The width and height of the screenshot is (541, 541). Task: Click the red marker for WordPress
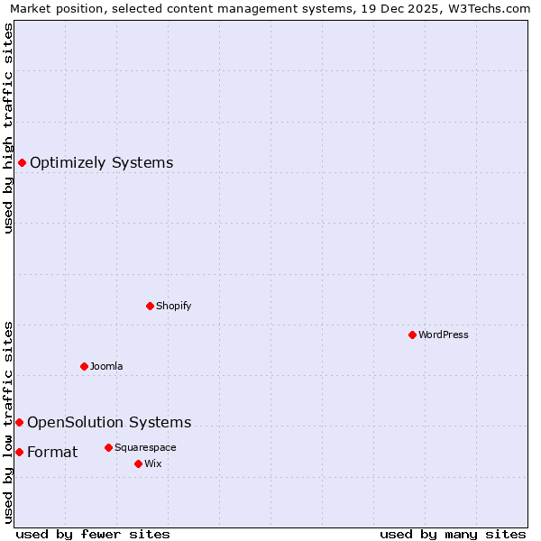click(412, 335)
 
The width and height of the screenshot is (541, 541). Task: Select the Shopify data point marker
click(150, 306)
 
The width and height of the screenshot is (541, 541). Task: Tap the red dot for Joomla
click(84, 366)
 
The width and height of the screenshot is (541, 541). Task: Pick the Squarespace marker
click(108, 447)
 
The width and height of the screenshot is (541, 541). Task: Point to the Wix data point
click(138, 463)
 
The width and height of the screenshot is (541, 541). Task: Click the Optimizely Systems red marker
click(22, 162)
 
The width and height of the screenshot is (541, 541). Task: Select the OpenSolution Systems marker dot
click(19, 422)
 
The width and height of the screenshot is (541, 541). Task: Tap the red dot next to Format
click(19, 452)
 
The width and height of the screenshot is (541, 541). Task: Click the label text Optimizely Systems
click(101, 163)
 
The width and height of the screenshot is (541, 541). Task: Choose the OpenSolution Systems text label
click(109, 422)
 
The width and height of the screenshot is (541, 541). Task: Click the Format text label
click(52, 452)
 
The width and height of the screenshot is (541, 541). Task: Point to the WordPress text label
click(444, 335)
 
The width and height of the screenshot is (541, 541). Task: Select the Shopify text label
click(173, 306)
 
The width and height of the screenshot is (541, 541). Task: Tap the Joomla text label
click(106, 366)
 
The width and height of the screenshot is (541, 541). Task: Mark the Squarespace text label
click(145, 447)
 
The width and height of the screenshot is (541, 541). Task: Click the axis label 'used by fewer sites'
click(93, 534)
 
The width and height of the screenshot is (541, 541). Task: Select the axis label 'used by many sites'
click(453, 534)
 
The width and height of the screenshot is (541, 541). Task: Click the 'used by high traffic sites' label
click(8, 128)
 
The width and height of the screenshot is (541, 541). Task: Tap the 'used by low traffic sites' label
click(8, 421)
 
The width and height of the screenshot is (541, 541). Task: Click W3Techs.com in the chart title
click(493, 8)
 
